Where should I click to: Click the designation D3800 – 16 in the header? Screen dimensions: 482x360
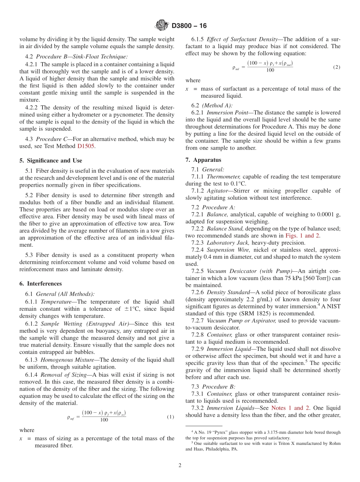pyautogui.click(x=189, y=26)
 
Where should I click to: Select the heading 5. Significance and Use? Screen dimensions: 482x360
pyautogui.click(x=51, y=161)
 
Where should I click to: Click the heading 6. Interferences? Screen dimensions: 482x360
pyautogui.click(x=41, y=283)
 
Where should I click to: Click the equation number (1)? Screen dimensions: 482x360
pyautogui.click(x=170, y=417)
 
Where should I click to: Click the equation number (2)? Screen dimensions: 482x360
pyautogui.click(x=337, y=67)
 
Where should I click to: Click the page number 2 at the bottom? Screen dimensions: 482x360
pyautogui.click(x=180, y=465)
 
